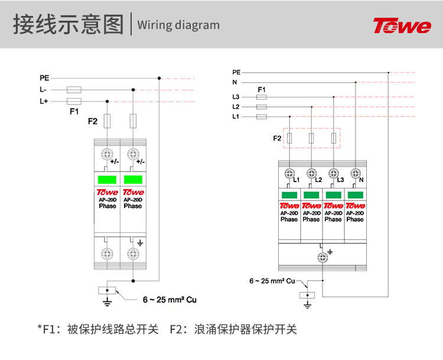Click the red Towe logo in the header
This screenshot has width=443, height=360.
coord(402,25)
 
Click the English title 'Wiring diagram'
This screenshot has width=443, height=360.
coord(178,25)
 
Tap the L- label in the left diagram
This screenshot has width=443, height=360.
coord(43,90)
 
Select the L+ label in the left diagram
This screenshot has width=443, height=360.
coord(44,101)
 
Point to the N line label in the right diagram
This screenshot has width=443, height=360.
coord(234,82)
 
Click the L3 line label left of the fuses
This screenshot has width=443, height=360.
coord(236,97)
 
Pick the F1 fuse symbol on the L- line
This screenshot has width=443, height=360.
coord(74,90)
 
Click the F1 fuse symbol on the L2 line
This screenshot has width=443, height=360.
coord(262,107)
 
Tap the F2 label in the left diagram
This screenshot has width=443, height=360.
coord(93,121)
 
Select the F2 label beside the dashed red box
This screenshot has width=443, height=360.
coord(277,138)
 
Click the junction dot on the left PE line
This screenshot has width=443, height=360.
coord(159,78)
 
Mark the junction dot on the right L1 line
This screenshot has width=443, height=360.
coord(289,116)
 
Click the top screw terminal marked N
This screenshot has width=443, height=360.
coord(356,173)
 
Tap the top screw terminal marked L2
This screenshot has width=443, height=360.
coord(311,173)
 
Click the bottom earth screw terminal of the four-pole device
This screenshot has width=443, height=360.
coord(323,257)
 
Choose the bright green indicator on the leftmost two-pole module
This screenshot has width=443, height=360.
coord(107,180)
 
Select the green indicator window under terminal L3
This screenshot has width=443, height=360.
coord(333,195)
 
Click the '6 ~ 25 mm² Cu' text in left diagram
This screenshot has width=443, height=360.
coord(170,300)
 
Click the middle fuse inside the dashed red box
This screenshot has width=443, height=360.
coord(311,138)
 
